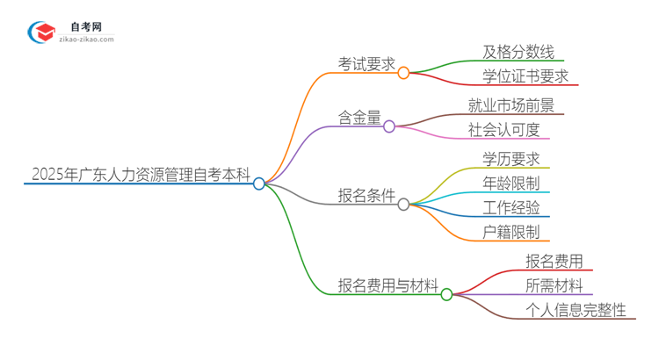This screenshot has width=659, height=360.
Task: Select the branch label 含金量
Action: [x=360, y=118]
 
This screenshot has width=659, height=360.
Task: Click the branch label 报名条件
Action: [x=367, y=195]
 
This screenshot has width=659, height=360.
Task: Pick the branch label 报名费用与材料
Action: [x=388, y=285]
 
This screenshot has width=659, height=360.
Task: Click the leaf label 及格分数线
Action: [x=518, y=52]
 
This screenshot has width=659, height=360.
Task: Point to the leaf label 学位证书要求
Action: [x=525, y=76]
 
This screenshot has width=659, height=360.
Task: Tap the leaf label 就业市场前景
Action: [x=512, y=106]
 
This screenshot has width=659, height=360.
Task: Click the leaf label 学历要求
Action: [x=511, y=159]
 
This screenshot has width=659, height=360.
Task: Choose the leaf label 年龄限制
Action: [x=511, y=184]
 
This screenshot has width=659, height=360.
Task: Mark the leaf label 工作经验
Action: [x=511, y=208]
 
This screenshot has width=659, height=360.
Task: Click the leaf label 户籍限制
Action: [x=511, y=233]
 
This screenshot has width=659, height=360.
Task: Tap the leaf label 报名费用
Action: [x=554, y=261]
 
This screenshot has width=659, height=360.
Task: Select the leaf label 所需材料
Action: [x=554, y=285]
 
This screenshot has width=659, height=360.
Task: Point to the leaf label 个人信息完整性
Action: [x=576, y=310]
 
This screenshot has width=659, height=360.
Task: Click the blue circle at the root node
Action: [x=259, y=184]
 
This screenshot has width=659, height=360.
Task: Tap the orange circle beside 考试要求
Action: [x=403, y=73]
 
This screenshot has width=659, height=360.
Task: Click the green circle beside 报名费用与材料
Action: [x=446, y=295]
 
